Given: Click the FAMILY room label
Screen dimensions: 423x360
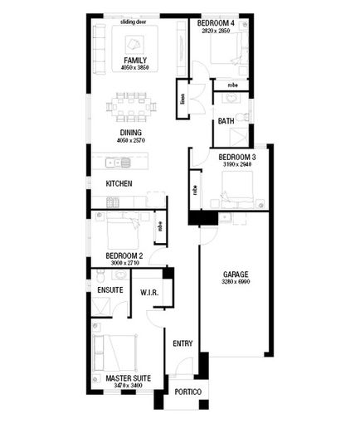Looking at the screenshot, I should point(135,61).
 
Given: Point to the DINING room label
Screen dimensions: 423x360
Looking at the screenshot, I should point(129,133).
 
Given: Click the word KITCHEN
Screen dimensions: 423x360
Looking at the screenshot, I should point(119,183).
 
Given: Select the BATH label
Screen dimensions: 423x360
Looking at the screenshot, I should point(226,121).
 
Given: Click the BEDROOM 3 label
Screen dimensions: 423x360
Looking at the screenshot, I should point(236,156).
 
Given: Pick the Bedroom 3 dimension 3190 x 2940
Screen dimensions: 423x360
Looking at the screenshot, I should point(236,165).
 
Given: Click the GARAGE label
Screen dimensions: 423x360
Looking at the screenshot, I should point(236,274).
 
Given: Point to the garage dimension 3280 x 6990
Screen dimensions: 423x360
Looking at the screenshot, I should point(236,283).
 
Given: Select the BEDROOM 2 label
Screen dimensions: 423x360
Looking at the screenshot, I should point(124,255).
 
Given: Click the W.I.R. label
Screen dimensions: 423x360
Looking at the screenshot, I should point(150,292).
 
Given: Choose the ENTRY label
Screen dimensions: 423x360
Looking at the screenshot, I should point(182,343).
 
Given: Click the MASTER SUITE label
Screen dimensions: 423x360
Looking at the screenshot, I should point(128,378).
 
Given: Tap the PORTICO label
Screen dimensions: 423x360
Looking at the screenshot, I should point(187,391).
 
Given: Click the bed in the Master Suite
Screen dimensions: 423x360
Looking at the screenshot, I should point(116,352).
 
